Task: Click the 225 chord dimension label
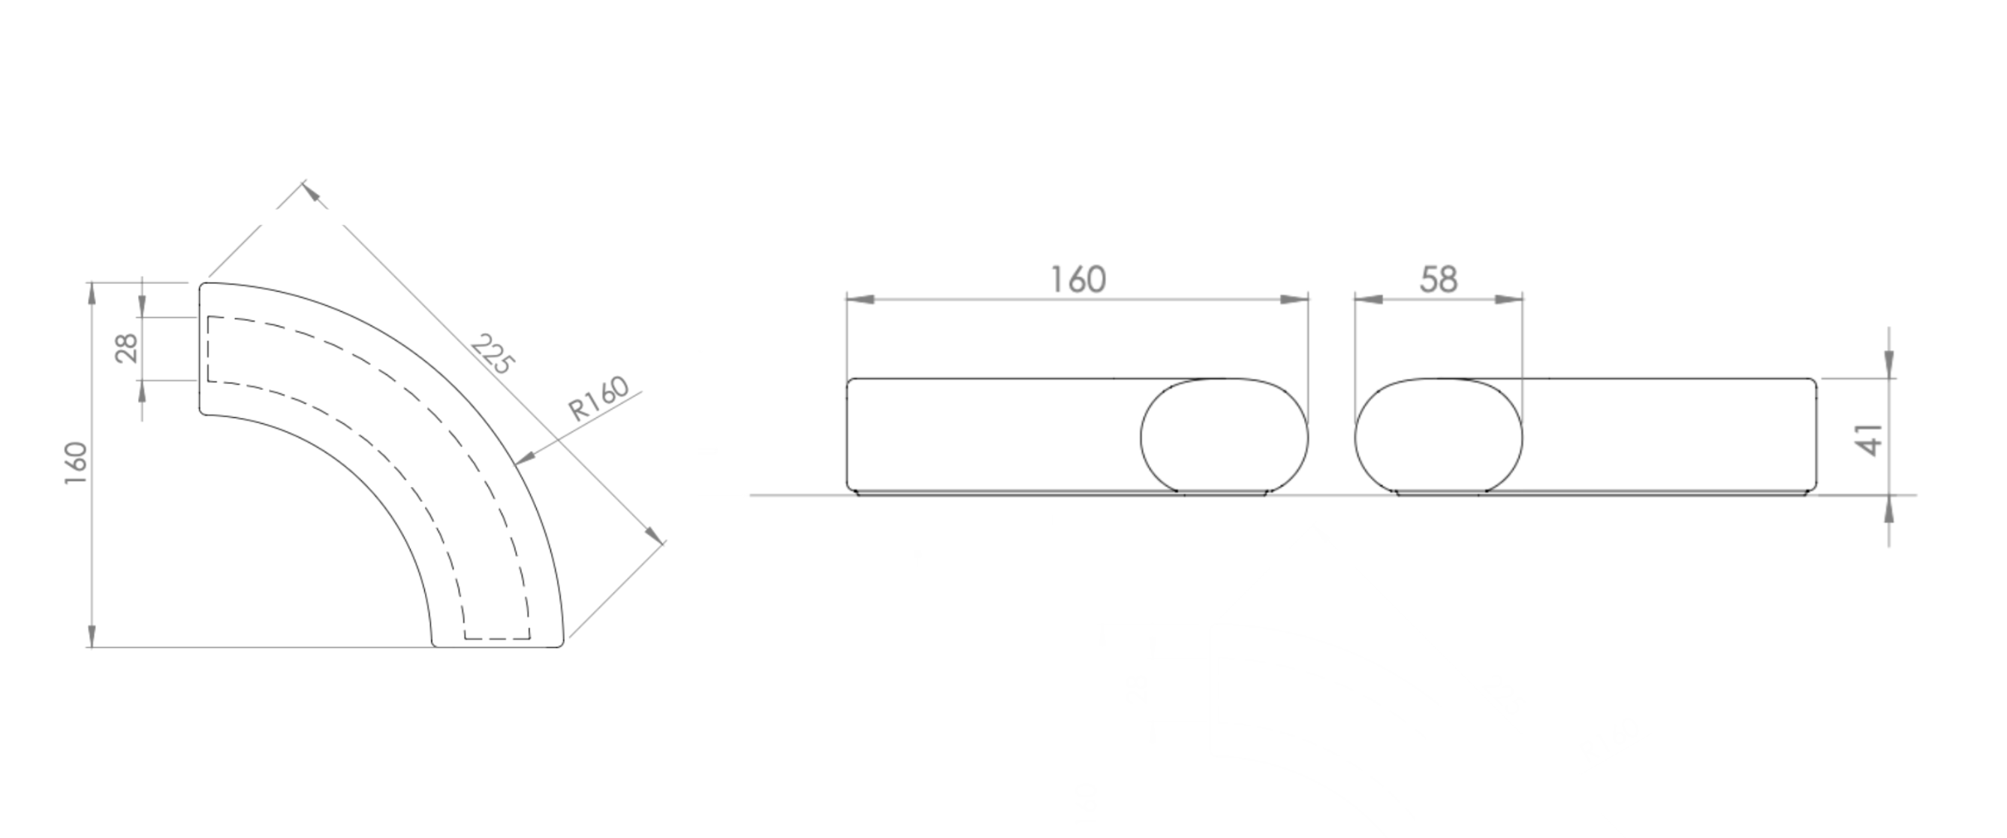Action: point(493,354)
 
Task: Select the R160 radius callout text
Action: point(598,398)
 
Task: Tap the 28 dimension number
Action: point(126,349)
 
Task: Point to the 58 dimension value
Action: point(1439,280)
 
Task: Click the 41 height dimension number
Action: point(1870,440)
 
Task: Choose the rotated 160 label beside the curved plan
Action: point(76,463)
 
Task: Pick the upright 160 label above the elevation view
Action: point(1078,280)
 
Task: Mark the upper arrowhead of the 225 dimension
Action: point(313,192)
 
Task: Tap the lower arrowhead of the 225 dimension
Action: point(654,533)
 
